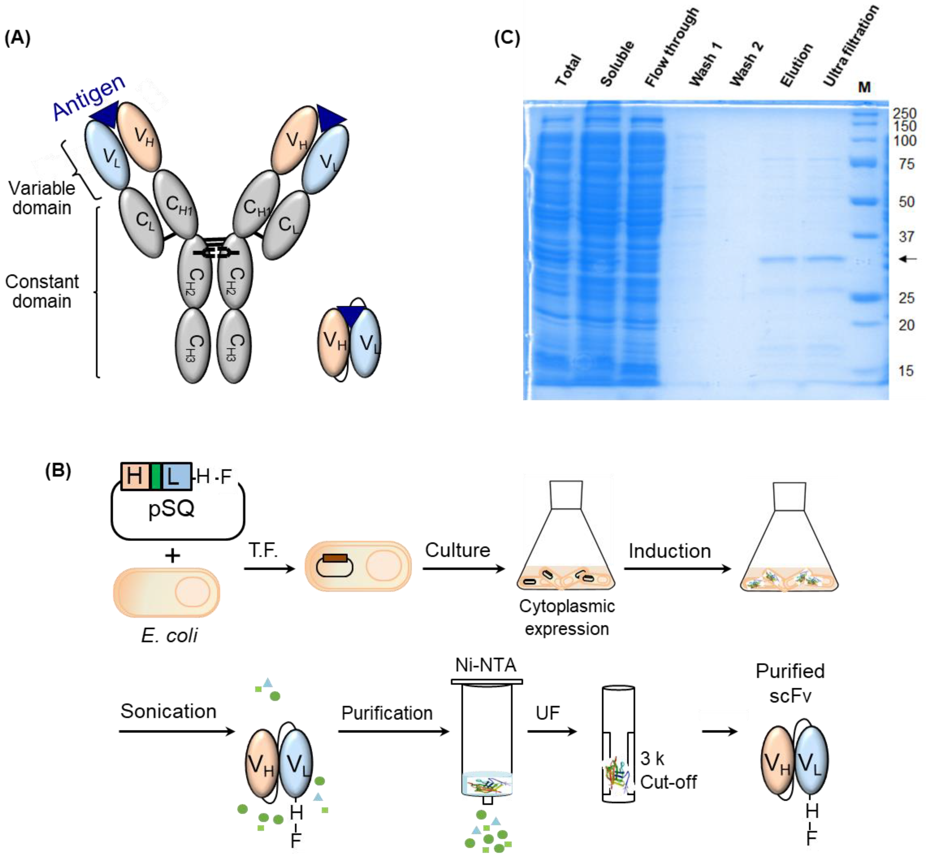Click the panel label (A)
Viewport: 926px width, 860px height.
coord(17,38)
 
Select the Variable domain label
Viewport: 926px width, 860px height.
coord(42,198)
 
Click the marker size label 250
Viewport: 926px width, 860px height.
coord(904,113)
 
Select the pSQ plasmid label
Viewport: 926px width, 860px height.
coord(171,508)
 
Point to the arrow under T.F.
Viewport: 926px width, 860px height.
coord(269,568)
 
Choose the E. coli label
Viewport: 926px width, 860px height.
coord(169,635)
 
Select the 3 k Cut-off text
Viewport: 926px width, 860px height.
coord(668,770)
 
